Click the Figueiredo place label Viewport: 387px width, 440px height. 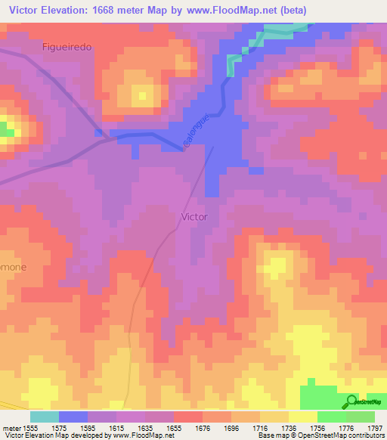tap(67, 47)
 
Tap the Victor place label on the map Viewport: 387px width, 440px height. tap(194, 216)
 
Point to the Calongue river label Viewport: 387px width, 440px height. tap(194, 130)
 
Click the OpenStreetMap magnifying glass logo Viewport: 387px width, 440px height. tap(351, 401)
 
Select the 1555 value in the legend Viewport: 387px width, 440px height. tap(29, 428)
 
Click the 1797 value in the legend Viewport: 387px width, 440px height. tap(374, 428)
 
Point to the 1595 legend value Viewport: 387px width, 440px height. tap(88, 428)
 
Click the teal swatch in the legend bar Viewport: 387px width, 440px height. tap(44, 417)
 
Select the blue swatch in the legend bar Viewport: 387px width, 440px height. tap(73, 417)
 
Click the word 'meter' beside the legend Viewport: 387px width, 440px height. tap(10, 428)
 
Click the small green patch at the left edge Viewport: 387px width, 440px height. tap(7, 132)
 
